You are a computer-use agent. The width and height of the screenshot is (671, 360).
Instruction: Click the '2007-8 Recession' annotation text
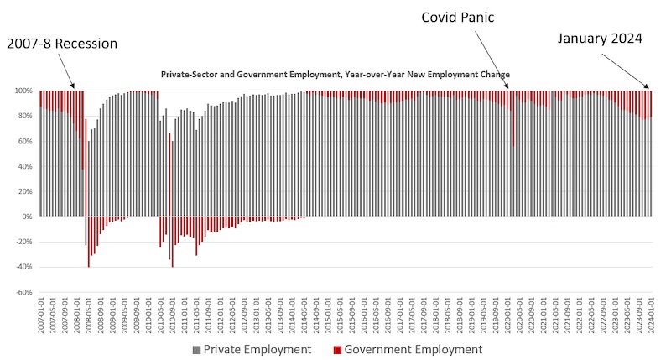coord(62,43)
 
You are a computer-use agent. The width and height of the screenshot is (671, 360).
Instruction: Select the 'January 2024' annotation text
coord(601,38)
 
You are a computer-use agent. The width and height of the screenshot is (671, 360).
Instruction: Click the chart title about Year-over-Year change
coord(335,74)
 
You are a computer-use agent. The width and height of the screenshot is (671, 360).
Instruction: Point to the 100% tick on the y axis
coord(23,91)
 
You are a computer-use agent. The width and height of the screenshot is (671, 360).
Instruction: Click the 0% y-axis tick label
coord(26,217)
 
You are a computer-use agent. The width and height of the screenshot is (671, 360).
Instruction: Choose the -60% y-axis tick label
coord(23,293)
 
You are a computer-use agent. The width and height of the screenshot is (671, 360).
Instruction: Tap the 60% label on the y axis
coord(24,141)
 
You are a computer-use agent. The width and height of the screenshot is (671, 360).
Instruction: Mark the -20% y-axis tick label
coord(23,242)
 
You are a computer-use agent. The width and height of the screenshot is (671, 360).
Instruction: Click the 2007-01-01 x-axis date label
coord(40,320)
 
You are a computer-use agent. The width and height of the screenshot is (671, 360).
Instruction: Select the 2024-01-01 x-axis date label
coord(650,320)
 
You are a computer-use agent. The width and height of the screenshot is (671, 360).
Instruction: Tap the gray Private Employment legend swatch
coord(197,349)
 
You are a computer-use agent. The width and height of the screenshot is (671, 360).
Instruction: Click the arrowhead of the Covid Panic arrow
coord(508,86)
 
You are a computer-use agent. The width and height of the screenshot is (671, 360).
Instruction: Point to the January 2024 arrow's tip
coord(648,87)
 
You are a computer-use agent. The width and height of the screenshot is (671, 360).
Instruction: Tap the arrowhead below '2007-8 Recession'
coord(74,86)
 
